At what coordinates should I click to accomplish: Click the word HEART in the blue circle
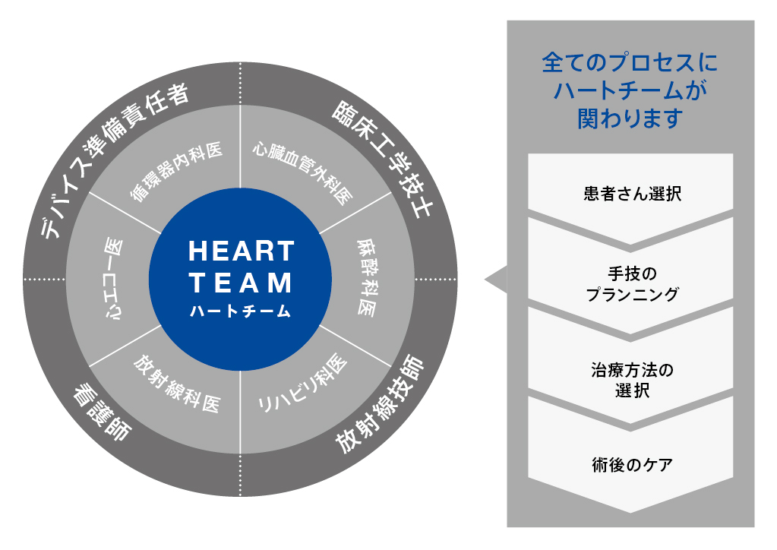pos(242,251)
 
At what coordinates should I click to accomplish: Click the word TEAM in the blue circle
pos(241,283)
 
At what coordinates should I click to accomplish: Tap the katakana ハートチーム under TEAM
pos(241,311)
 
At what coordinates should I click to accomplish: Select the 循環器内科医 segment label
pos(176,171)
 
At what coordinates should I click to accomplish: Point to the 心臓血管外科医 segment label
pos(303,173)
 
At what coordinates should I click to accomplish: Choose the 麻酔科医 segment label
pos(366,278)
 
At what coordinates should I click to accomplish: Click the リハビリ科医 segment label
pos(302,384)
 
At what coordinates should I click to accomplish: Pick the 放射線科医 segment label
pos(177,384)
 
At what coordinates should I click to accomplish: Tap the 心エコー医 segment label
pos(113,278)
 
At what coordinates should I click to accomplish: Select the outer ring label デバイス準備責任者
pos(115,160)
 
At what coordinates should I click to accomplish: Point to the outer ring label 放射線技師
pos(380,404)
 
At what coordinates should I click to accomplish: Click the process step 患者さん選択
pos(632,193)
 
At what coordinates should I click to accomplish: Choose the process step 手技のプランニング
pos(632,284)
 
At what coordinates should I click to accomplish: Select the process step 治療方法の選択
pos(632,380)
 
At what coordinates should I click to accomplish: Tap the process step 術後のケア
pos(632,465)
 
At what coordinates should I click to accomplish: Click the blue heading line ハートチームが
pos(630,90)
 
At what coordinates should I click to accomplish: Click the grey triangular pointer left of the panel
pos(497,280)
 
